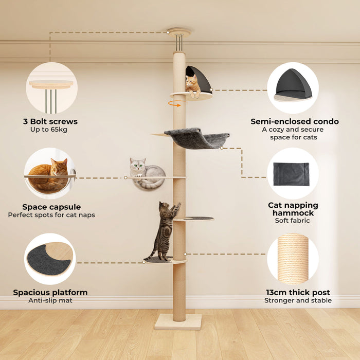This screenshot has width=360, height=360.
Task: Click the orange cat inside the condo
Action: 193,85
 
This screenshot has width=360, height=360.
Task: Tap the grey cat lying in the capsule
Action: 146,172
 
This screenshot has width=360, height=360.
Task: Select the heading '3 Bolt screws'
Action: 51,121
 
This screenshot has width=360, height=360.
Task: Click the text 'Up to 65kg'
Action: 49,130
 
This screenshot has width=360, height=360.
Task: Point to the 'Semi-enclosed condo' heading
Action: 295,121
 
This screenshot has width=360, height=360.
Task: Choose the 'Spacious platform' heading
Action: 50,292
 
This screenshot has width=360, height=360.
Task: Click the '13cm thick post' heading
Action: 292,292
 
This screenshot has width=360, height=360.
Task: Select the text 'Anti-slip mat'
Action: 50,300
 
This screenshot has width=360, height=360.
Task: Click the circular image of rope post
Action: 293,259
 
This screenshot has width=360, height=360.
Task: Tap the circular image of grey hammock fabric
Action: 293,173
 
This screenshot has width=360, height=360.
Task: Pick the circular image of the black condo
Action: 293,87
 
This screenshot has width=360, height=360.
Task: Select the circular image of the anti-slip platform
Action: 50,259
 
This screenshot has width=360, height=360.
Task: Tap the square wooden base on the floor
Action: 178,322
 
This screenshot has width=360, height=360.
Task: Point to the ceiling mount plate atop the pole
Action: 178,31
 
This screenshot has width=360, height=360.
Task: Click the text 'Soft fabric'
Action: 292,221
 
